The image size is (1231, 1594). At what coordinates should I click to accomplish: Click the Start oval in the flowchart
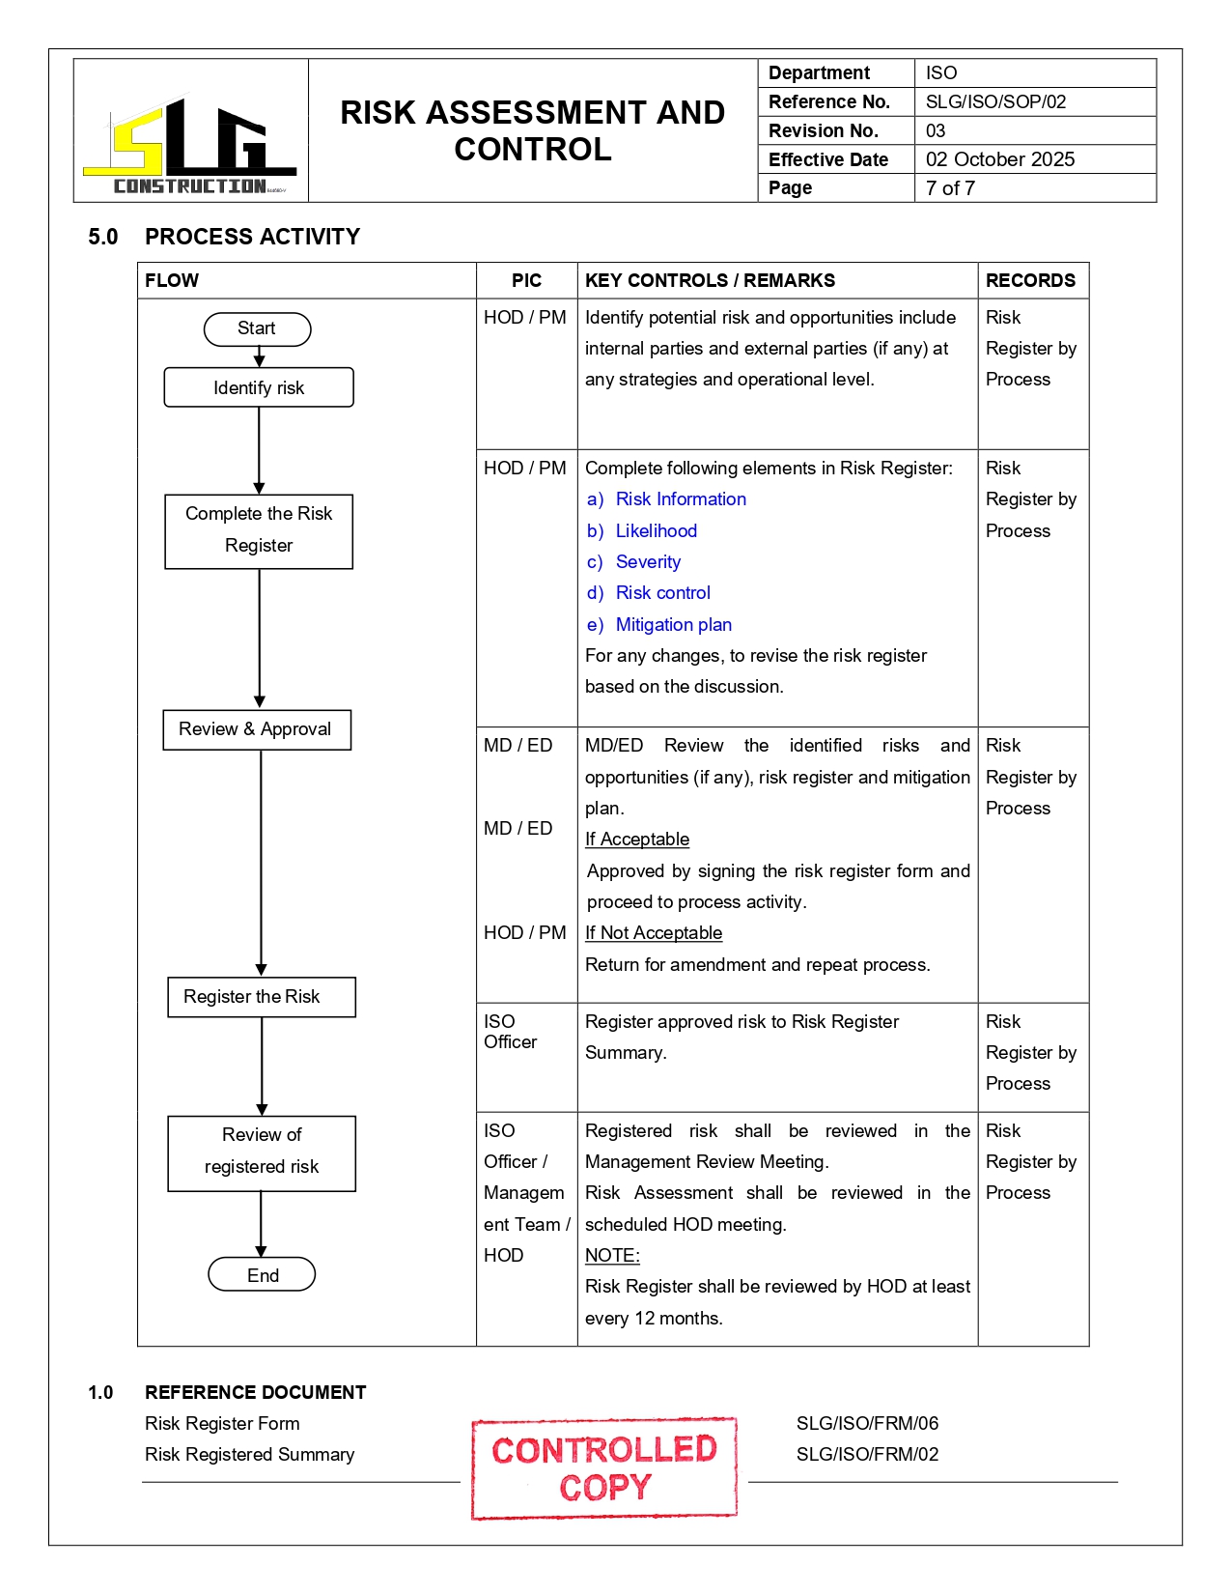[x=257, y=328]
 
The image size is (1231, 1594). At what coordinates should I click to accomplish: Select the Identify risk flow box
[x=259, y=387]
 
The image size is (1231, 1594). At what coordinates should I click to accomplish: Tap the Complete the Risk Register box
[x=259, y=530]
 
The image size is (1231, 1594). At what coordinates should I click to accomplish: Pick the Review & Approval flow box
[x=256, y=729]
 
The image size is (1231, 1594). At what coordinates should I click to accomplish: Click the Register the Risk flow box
[x=261, y=997]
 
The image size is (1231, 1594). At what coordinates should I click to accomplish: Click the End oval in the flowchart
[x=262, y=1274]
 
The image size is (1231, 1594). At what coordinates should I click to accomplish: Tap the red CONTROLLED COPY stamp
[x=604, y=1467]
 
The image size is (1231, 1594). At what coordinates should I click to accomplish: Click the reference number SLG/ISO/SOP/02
[x=995, y=101]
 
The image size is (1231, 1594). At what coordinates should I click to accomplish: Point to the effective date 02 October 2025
[x=999, y=159]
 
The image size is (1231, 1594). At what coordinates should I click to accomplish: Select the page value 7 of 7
[x=950, y=188]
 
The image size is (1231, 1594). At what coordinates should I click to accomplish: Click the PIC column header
[x=526, y=280]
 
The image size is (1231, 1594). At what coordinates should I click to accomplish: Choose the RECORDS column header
[x=1030, y=280]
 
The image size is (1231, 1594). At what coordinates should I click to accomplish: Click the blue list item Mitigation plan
[x=673, y=625]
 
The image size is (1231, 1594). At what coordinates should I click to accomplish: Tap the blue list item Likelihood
[x=656, y=531]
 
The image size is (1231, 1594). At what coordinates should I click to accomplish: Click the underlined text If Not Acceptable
[x=654, y=933]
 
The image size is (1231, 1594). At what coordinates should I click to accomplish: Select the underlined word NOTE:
[x=612, y=1255]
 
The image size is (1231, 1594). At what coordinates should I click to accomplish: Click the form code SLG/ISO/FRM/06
[x=867, y=1423]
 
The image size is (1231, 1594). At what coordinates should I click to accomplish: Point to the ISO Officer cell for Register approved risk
[x=511, y=1032]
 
